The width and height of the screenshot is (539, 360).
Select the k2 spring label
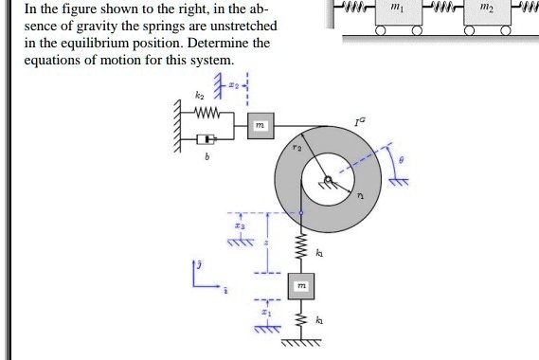(x=199, y=97)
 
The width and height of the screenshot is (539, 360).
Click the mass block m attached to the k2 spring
(x=261, y=126)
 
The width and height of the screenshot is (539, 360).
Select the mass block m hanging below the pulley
(x=301, y=285)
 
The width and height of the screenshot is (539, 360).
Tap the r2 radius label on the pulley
(x=296, y=149)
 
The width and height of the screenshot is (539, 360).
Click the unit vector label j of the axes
(x=196, y=261)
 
